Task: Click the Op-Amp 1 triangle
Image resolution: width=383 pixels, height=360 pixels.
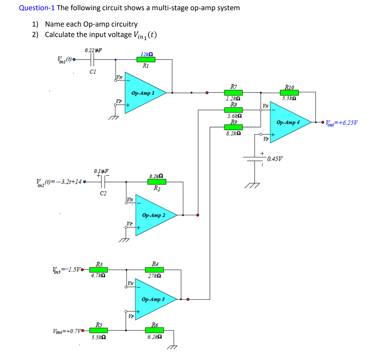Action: tap(144, 92)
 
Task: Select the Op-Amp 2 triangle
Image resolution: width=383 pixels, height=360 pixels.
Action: tap(153, 215)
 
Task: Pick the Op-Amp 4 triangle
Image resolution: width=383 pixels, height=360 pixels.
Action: tap(288, 122)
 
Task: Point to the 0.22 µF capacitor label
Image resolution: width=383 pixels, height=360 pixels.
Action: tap(93, 50)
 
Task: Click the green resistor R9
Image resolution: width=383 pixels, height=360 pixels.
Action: tap(233, 128)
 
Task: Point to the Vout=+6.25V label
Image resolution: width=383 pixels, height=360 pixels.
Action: tap(341, 122)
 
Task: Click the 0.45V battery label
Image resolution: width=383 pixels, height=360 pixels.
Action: tap(275, 158)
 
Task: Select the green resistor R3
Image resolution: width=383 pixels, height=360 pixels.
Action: tap(98, 269)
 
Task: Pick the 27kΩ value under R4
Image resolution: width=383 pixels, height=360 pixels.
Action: tap(154, 276)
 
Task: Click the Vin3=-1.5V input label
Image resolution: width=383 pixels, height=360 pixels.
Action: tap(67, 269)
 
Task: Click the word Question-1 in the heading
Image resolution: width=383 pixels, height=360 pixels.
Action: tap(36, 8)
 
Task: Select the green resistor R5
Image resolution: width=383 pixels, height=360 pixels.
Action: tap(98, 330)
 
